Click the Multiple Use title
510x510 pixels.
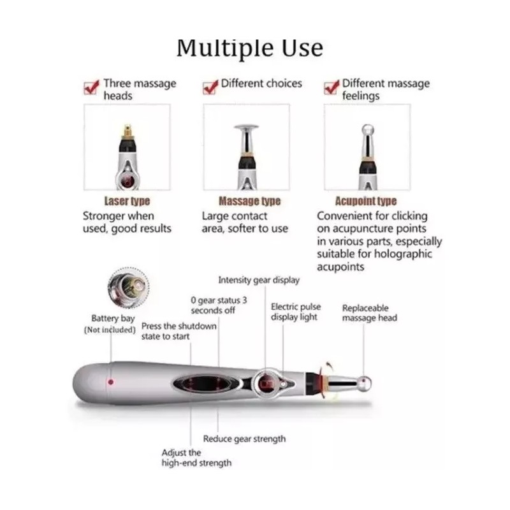(249, 48)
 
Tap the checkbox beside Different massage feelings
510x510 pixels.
(331, 87)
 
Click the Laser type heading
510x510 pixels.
(127, 201)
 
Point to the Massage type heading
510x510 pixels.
(249, 201)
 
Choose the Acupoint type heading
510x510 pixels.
(366, 201)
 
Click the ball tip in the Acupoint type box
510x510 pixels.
(367, 130)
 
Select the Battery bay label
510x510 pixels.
(113, 319)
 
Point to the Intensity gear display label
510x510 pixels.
(258, 280)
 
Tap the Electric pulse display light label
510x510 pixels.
(296, 312)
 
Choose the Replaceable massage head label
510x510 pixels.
(370, 312)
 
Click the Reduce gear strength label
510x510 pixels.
(244, 439)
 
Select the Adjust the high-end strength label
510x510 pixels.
(196, 458)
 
